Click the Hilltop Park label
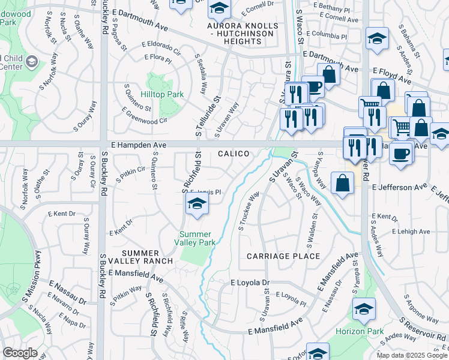tap(161, 95)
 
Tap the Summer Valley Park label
tap(196, 238)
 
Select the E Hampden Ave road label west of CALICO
tap(139, 145)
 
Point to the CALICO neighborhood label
tap(234, 154)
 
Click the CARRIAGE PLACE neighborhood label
tap(283, 256)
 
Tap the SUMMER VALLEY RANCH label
tap(148, 257)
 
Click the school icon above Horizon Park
tap(364, 309)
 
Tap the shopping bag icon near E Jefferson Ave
tap(342, 184)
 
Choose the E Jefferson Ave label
tap(399, 188)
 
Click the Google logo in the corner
tap(20, 353)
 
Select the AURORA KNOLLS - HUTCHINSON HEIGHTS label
tap(243, 30)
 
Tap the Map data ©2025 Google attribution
tap(411, 355)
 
